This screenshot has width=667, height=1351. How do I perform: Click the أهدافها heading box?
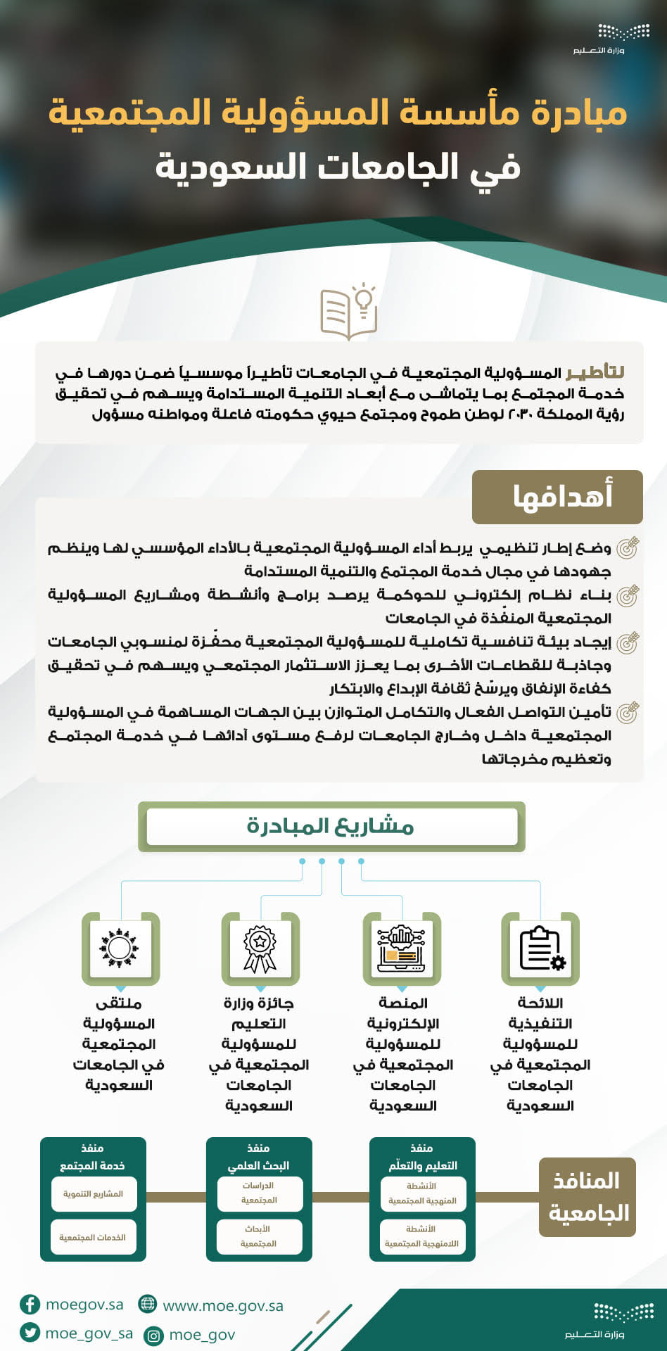pos(557,497)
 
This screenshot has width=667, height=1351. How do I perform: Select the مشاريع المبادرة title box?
pos(331,826)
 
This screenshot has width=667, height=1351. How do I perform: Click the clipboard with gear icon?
pos(540,949)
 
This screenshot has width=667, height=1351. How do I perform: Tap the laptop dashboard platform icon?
pos(402,949)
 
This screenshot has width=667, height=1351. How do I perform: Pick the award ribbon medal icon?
pos(260,949)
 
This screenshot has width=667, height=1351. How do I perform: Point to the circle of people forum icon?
pos(120,949)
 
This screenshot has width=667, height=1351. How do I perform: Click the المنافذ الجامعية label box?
pos(587,1197)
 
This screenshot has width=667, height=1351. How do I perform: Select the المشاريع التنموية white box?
pos(94,1194)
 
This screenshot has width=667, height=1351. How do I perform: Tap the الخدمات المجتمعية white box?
pos(94,1237)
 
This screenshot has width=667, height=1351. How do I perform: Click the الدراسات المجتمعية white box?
pos(259,1193)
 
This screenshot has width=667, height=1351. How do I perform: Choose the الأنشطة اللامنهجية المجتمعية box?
pos(421,1237)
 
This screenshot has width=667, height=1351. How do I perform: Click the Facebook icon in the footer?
pos(30,1305)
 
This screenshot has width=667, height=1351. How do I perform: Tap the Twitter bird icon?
pos(30,1333)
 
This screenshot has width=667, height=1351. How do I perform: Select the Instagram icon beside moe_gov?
pos(153,1335)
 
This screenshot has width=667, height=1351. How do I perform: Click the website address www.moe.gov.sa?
pos(223,1306)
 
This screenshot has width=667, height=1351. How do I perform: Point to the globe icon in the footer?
pos(148,1304)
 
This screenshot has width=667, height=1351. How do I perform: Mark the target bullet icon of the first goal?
pos(627,547)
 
